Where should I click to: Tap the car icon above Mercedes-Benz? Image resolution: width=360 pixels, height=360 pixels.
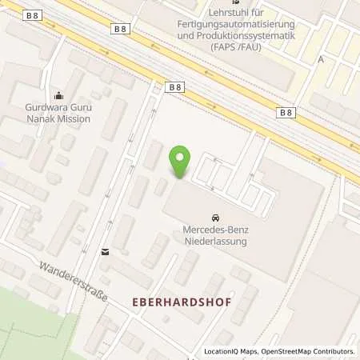(x=215, y=218)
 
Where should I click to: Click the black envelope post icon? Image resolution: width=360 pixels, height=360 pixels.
(x=104, y=252)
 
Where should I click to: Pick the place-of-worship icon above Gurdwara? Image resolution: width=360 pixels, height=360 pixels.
(x=57, y=95)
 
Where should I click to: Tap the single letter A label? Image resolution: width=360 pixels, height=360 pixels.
(x=321, y=59)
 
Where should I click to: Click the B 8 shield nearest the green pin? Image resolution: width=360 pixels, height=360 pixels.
(x=175, y=86)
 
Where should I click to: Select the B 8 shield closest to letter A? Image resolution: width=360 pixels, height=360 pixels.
(x=286, y=113)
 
